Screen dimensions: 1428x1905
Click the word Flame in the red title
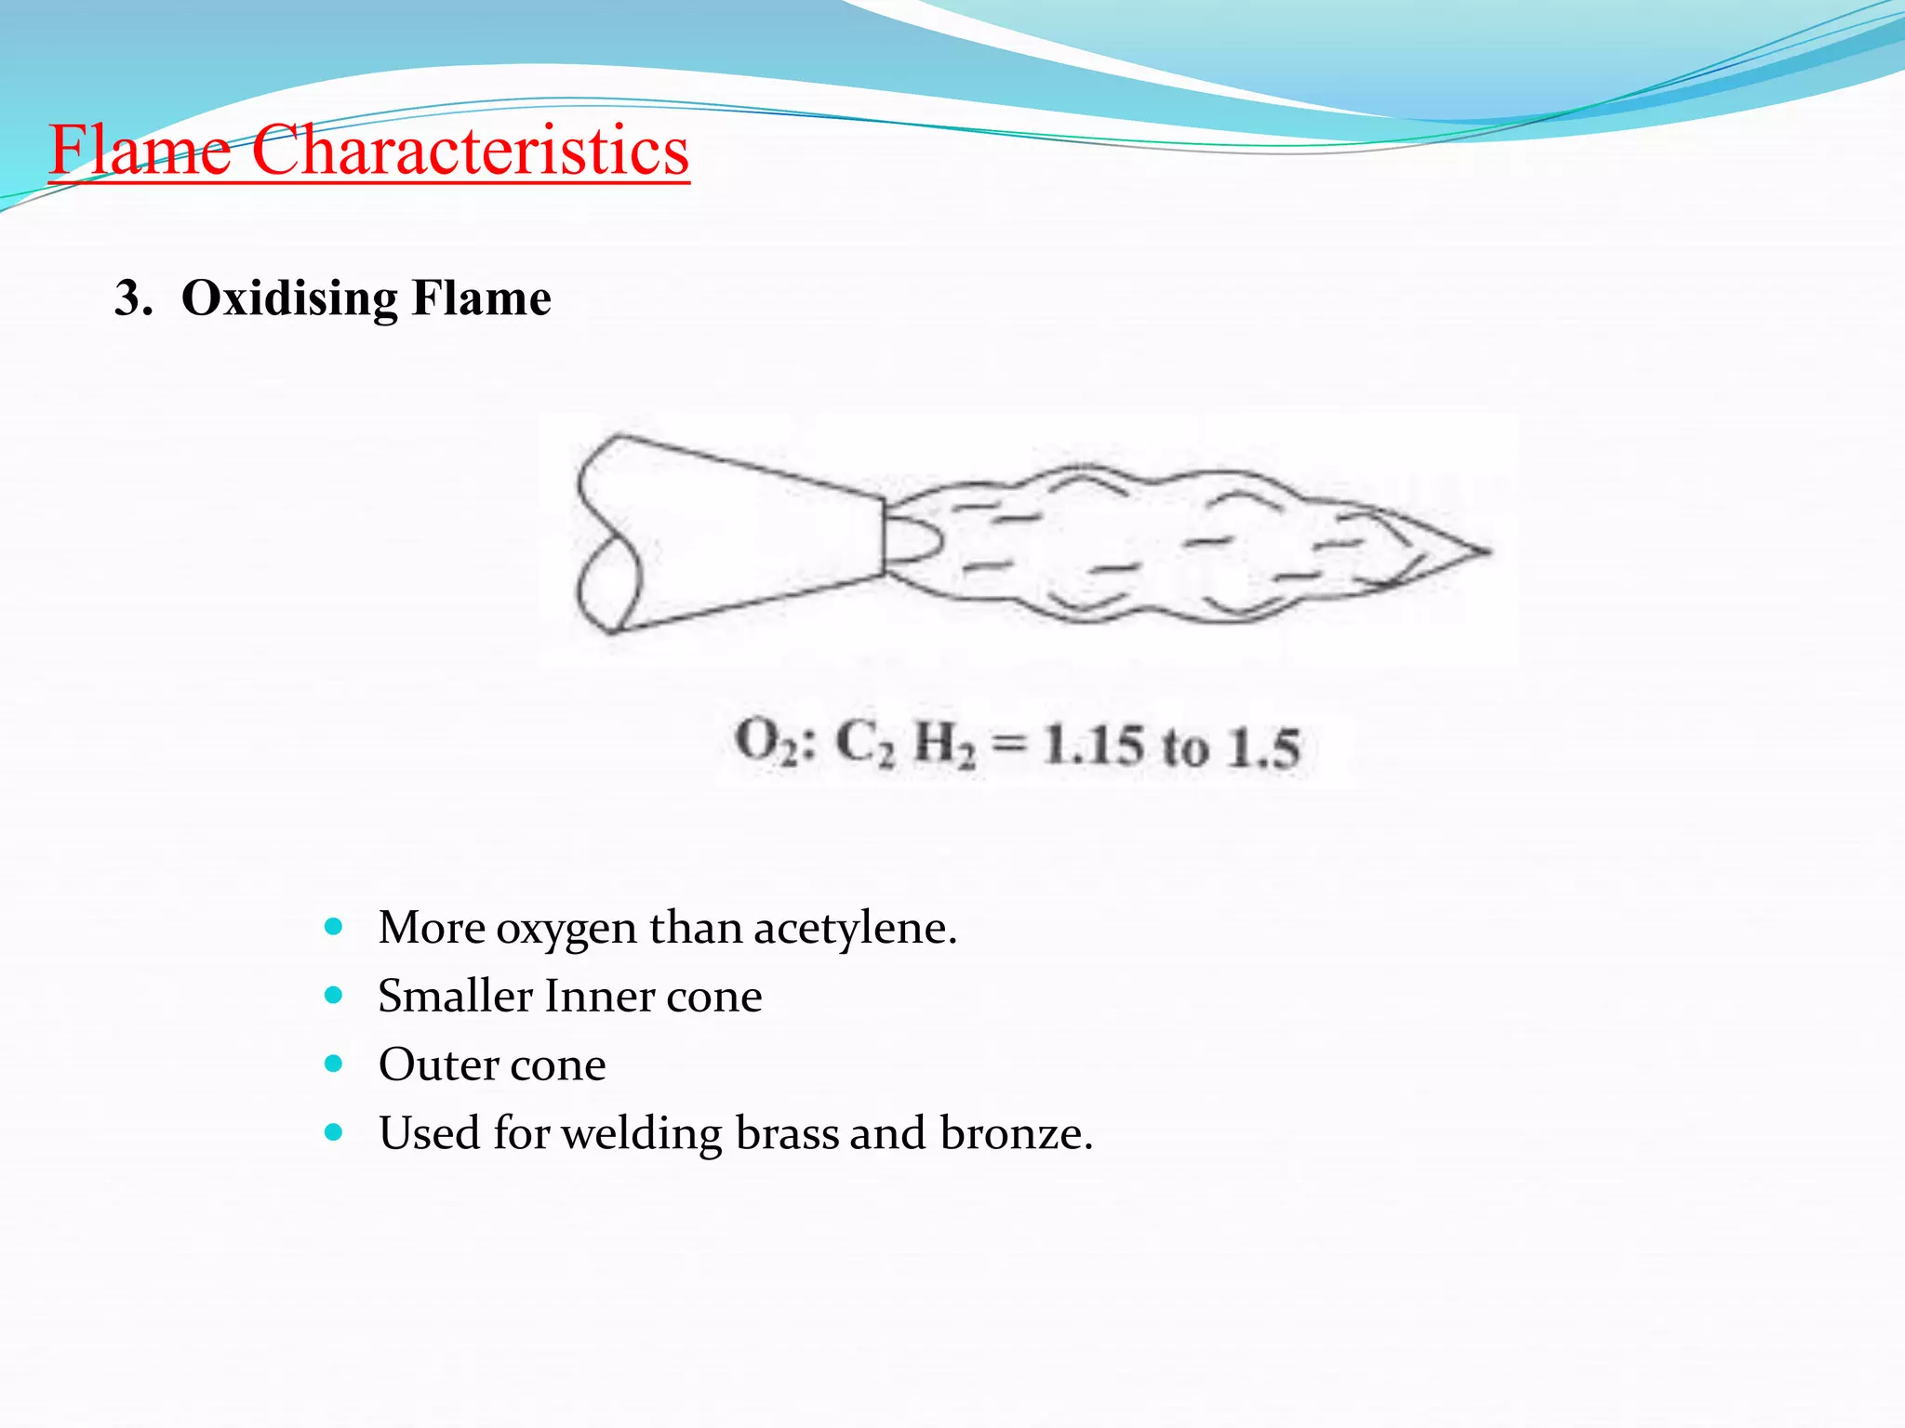tap(140, 150)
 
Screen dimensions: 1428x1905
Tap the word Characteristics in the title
tap(470, 150)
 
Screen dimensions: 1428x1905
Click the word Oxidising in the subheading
tap(289, 299)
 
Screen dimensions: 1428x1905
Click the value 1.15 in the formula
tap(1093, 747)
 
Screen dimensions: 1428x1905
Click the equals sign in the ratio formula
tap(1008, 745)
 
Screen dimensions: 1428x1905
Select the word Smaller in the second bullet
tap(455, 996)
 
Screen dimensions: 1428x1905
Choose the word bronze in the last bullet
tap(1015, 1133)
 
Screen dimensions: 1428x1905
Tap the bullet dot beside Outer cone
tap(334, 1064)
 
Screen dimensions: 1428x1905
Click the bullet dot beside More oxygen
tap(334, 927)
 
